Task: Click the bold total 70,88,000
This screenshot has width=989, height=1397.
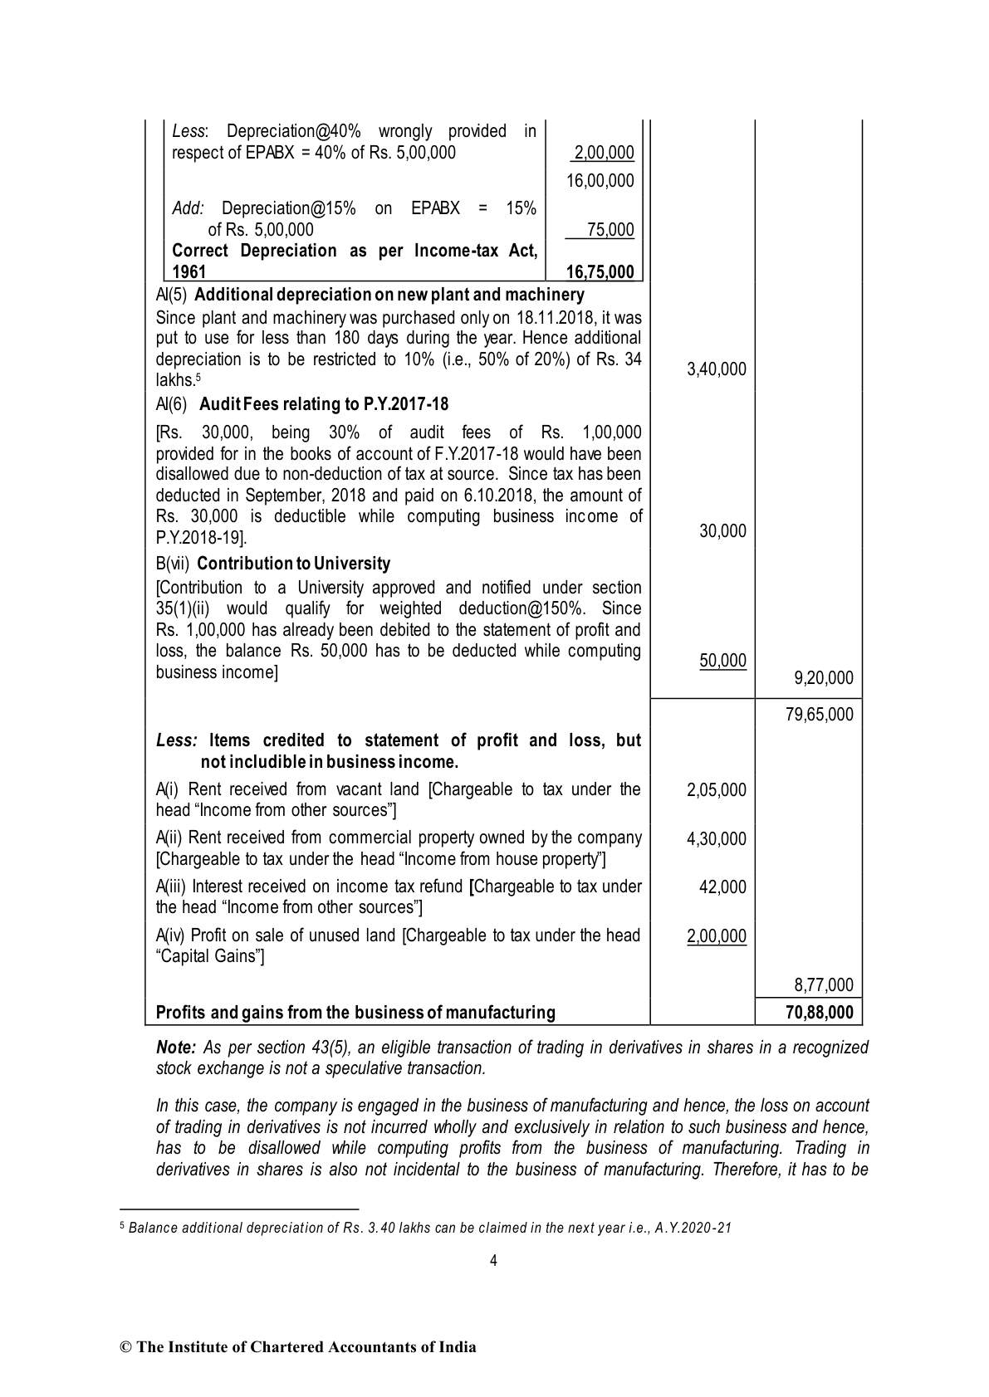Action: pyautogui.click(x=819, y=1013)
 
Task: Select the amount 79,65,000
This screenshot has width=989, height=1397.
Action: pyautogui.click(x=819, y=715)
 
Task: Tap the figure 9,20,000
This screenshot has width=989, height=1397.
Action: pyautogui.click(x=823, y=678)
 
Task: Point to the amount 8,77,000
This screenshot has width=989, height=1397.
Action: pyautogui.click(x=823, y=985)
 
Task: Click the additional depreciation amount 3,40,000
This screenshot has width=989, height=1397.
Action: pyautogui.click(x=716, y=369)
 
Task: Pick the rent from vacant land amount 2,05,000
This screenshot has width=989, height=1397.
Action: pyautogui.click(x=716, y=790)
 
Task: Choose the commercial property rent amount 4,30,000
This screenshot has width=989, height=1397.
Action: pyautogui.click(x=716, y=839)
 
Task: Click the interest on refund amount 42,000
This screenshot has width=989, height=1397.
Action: pyautogui.click(x=722, y=887)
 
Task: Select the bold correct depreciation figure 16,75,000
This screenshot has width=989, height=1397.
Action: pyautogui.click(x=600, y=272)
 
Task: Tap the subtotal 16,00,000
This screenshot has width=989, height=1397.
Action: pyautogui.click(x=600, y=181)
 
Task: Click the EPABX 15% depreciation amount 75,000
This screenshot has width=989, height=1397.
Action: pyautogui.click(x=610, y=230)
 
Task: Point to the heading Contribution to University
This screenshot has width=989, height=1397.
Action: pyautogui.click(x=294, y=564)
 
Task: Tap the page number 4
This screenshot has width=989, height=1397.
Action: pyautogui.click(x=493, y=1262)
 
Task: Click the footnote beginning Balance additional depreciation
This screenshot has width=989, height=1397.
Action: pyautogui.click(x=430, y=1228)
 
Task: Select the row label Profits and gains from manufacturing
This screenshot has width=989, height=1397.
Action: pyautogui.click(x=355, y=1013)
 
